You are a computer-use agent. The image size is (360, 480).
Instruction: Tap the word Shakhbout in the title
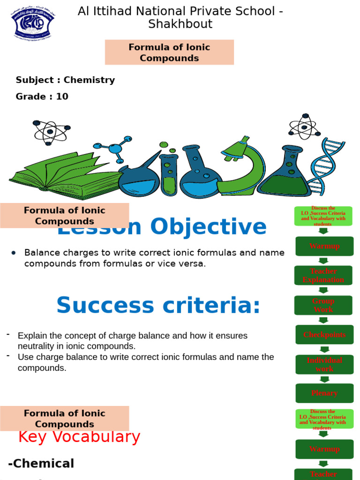(180, 24)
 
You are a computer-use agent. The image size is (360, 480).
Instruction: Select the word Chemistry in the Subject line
(89, 80)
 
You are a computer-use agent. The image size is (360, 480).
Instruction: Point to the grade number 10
(62, 97)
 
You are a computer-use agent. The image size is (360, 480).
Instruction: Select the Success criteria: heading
(158, 306)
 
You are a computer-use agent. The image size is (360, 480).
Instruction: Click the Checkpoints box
(324, 335)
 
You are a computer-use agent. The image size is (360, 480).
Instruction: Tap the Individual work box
(324, 364)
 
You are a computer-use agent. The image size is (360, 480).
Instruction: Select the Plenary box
(324, 393)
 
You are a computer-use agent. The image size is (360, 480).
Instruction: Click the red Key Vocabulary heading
(79, 437)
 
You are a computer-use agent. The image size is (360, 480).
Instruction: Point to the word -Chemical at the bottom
(41, 464)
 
